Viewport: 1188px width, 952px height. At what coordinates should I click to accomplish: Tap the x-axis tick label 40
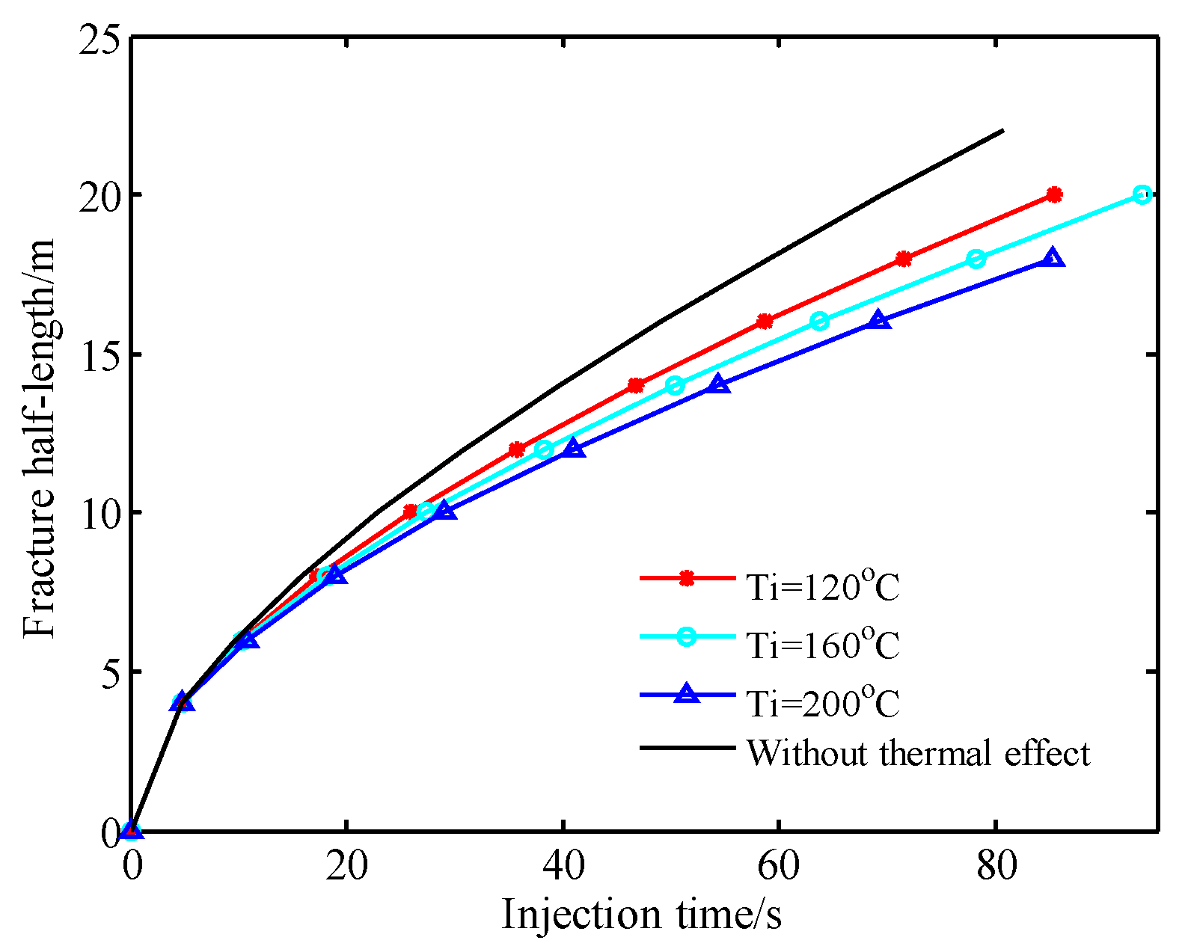pos(563,866)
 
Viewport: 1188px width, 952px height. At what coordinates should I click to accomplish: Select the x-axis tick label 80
pos(996,866)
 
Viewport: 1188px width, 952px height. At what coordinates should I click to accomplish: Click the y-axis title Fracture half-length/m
pos(39,438)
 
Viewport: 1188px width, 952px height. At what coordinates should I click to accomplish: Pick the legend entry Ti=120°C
pos(822,587)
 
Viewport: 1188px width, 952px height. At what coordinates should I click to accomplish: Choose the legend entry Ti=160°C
pos(822,645)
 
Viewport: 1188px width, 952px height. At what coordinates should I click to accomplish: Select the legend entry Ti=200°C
pos(822,703)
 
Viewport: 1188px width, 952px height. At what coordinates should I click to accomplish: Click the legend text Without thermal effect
pos(918,752)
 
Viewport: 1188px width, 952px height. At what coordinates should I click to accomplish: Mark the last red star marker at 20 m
pos(1054,194)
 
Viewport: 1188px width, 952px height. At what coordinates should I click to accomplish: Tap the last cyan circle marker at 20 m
pos(1142,194)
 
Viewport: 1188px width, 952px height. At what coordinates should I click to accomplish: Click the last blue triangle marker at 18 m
pos(1053,258)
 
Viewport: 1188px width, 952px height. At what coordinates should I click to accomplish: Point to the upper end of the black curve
pos(1002,131)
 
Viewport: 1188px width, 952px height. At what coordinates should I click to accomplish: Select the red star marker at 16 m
pos(765,322)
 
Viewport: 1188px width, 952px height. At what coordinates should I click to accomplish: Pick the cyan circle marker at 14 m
pos(675,385)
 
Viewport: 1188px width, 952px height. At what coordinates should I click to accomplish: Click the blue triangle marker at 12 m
pos(574,449)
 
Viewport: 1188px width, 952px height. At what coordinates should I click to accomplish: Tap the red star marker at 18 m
pos(904,259)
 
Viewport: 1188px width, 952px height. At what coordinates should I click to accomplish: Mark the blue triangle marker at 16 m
pos(879,320)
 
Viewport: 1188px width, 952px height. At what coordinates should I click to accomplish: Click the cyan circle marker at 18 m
pos(976,259)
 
